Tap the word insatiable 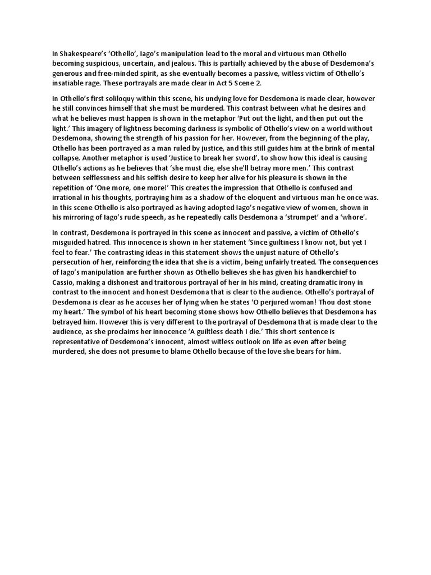(68, 83)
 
